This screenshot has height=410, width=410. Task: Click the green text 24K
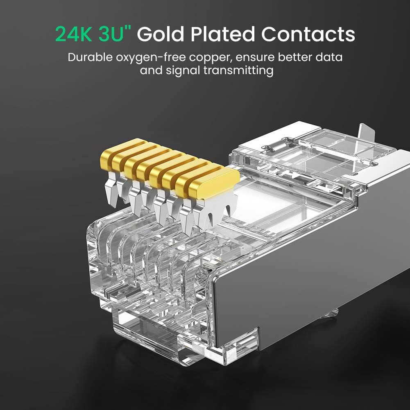74,34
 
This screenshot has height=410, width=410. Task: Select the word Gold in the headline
163,34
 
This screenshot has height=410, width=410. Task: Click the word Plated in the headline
224,34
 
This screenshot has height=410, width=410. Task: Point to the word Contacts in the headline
308,34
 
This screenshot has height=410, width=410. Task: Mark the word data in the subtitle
330,57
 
